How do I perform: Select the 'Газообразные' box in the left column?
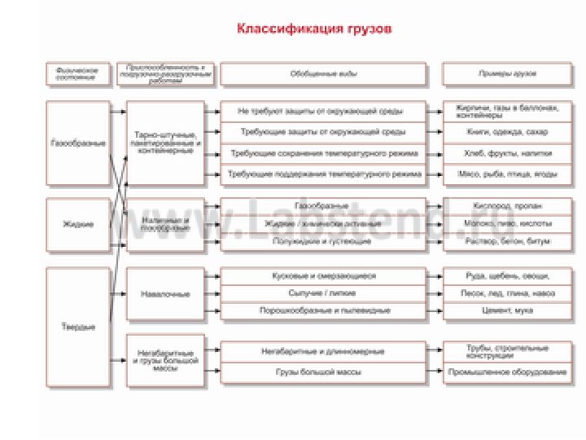click(77, 143)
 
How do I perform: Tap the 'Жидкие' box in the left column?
click(77, 224)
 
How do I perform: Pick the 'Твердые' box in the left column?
click(77, 327)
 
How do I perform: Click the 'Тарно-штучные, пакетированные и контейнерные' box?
click(165, 143)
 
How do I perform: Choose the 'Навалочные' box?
click(165, 293)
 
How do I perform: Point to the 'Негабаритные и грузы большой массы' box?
click(165, 359)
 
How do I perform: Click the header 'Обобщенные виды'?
click(322, 73)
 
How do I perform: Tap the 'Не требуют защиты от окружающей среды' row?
click(322, 111)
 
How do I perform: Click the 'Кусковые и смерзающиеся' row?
click(322, 275)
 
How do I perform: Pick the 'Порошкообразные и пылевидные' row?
click(322, 310)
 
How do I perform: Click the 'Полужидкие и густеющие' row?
click(322, 241)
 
